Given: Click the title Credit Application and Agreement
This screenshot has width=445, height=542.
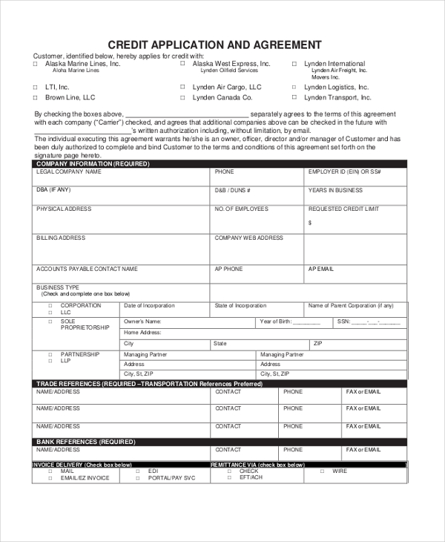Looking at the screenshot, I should (x=215, y=45).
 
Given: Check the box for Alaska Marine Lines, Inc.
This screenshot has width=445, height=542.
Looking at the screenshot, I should (x=35, y=65).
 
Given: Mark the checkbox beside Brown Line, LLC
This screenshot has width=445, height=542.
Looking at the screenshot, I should (x=35, y=97).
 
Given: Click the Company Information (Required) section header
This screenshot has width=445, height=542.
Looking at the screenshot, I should (x=82, y=163).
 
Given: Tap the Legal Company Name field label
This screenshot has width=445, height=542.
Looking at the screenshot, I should (x=68, y=172).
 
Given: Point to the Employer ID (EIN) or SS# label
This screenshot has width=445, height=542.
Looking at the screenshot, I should (x=344, y=172).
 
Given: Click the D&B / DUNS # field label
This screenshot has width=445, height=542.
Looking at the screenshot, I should (x=232, y=190).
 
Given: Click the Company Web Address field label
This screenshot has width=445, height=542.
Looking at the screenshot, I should (x=248, y=238).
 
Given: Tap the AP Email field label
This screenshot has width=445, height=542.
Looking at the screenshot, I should (x=321, y=269).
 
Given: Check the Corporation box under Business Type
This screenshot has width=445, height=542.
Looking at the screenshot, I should (x=50, y=306).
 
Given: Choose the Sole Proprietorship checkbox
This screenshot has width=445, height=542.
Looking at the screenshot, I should (x=50, y=321).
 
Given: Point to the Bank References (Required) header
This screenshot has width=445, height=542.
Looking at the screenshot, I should (x=85, y=441).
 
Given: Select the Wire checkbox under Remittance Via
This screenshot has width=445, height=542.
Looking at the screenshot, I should (x=322, y=471).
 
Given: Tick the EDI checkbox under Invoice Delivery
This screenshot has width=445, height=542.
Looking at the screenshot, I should (x=137, y=471).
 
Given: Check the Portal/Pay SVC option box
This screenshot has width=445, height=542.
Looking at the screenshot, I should (x=137, y=478).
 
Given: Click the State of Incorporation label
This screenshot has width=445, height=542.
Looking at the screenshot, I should (x=240, y=306).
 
